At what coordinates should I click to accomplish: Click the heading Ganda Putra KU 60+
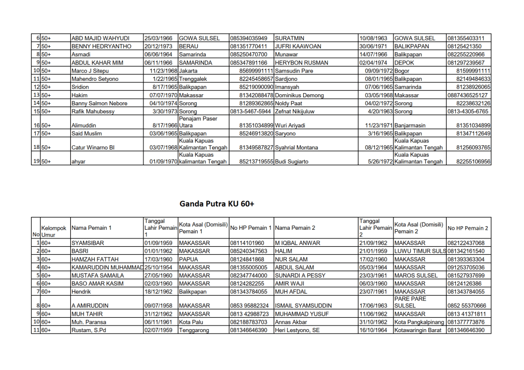[x=217, y=204]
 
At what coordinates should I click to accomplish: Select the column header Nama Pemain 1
[x=91, y=228]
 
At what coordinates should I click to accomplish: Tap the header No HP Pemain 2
[x=468, y=228]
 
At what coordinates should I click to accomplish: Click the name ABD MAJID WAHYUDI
[x=100, y=38]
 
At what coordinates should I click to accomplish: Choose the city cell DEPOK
[x=404, y=62]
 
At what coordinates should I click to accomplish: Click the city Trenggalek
[x=193, y=79]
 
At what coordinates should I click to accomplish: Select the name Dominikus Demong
[x=299, y=95]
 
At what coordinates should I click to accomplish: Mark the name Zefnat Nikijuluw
[x=295, y=111]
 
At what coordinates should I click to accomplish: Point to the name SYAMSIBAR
[x=88, y=243]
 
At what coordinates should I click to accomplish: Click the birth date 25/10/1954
[x=159, y=268]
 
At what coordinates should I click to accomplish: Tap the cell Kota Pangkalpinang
[x=420, y=322]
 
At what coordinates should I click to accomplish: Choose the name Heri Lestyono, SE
[x=297, y=331]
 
